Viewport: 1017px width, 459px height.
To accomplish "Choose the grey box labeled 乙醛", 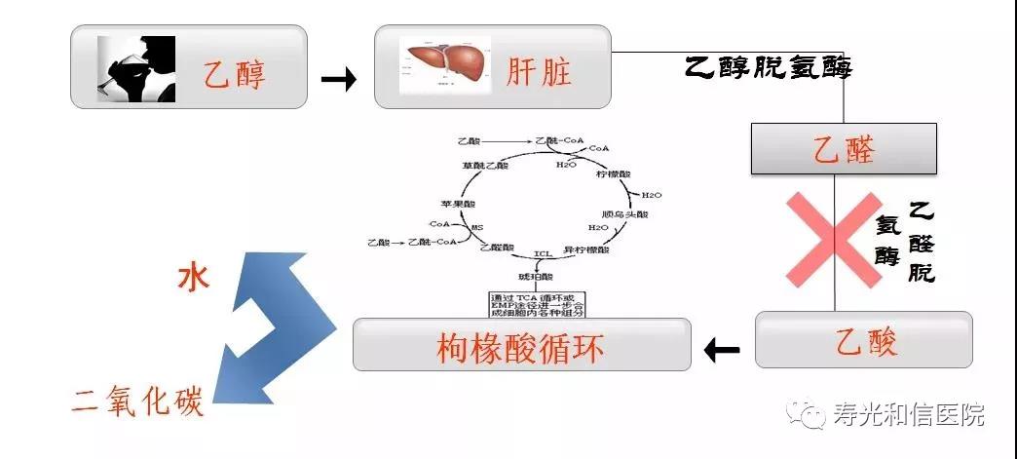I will [844, 149].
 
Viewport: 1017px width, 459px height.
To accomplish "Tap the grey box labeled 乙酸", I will [864, 340].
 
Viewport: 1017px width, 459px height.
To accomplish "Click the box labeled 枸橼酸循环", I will [521, 344].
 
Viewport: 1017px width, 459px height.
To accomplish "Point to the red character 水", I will [193, 280].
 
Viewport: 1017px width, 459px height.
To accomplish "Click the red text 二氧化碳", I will [138, 401].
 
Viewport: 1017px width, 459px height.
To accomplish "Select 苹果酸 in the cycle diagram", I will [457, 204].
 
